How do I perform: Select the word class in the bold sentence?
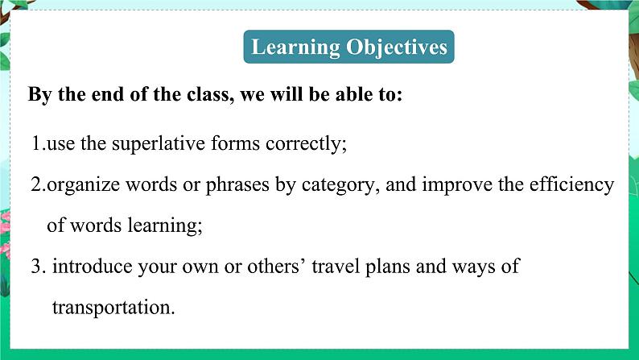click(210, 94)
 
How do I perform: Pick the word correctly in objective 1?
click(306, 144)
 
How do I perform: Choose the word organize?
click(84, 185)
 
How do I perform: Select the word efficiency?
click(571, 185)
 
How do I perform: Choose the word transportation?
click(113, 308)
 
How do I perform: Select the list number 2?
click(39, 184)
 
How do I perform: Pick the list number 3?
click(39, 267)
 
